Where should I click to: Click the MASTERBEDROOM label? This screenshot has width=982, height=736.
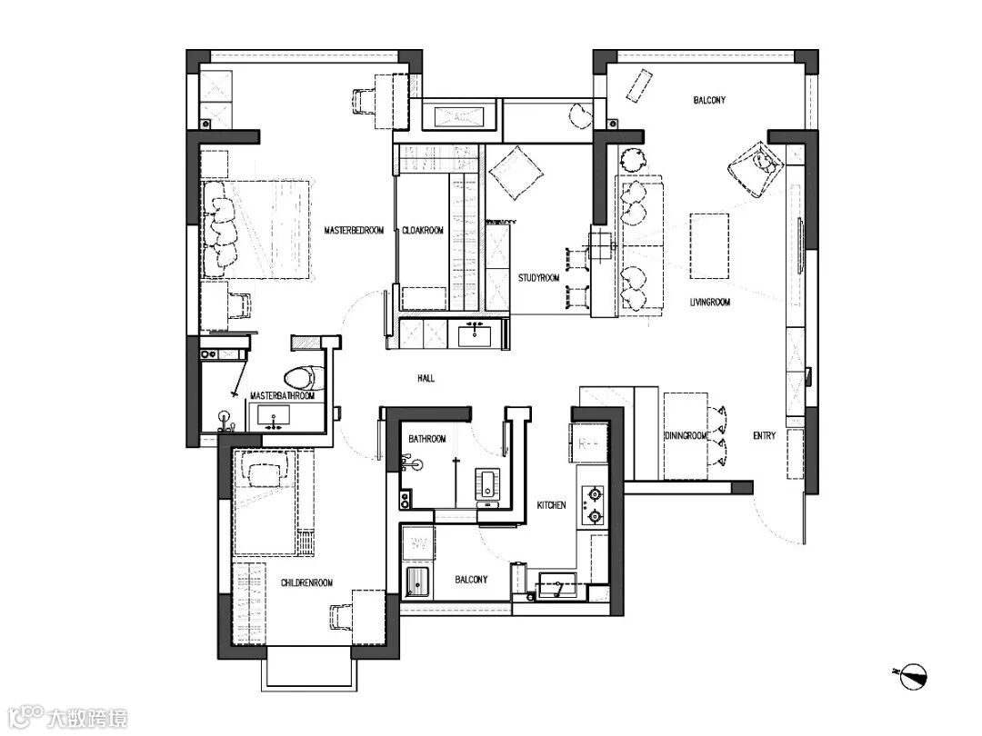click(354, 230)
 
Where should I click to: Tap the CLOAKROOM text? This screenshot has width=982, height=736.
click(423, 230)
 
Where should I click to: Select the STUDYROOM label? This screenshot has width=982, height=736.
click(538, 278)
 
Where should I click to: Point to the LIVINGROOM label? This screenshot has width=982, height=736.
click(709, 303)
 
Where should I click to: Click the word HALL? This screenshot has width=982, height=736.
click(426, 378)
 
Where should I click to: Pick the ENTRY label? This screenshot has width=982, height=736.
click(764, 435)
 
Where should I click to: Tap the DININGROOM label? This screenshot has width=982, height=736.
click(686, 435)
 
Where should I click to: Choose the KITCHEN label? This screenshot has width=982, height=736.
click(552, 505)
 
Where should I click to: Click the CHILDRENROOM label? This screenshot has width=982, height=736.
click(307, 582)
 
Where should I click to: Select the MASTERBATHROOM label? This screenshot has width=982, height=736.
click(283, 395)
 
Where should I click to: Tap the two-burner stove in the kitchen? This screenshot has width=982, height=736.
click(593, 505)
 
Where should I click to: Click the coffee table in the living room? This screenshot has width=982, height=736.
click(709, 246)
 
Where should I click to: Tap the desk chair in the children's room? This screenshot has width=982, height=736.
click(341, 619)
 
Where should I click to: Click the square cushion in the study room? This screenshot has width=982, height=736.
click(516, 173)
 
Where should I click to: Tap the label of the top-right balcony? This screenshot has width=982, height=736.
click(709, 100)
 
